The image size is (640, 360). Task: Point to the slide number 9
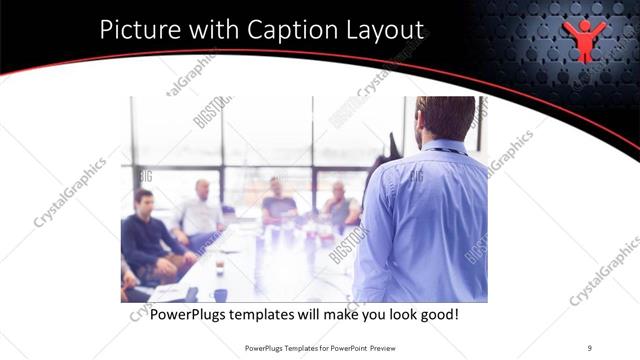[x=589, y=348]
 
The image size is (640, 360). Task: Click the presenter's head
[x=446, y=118]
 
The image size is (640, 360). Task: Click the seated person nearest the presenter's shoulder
[x=341, y=205]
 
